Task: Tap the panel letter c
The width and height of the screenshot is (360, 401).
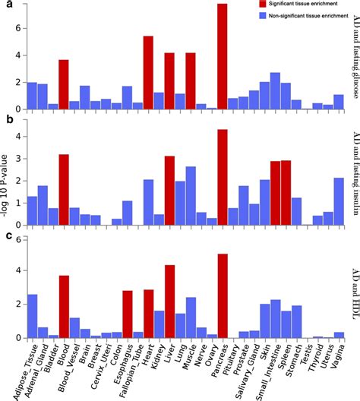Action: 6,238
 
